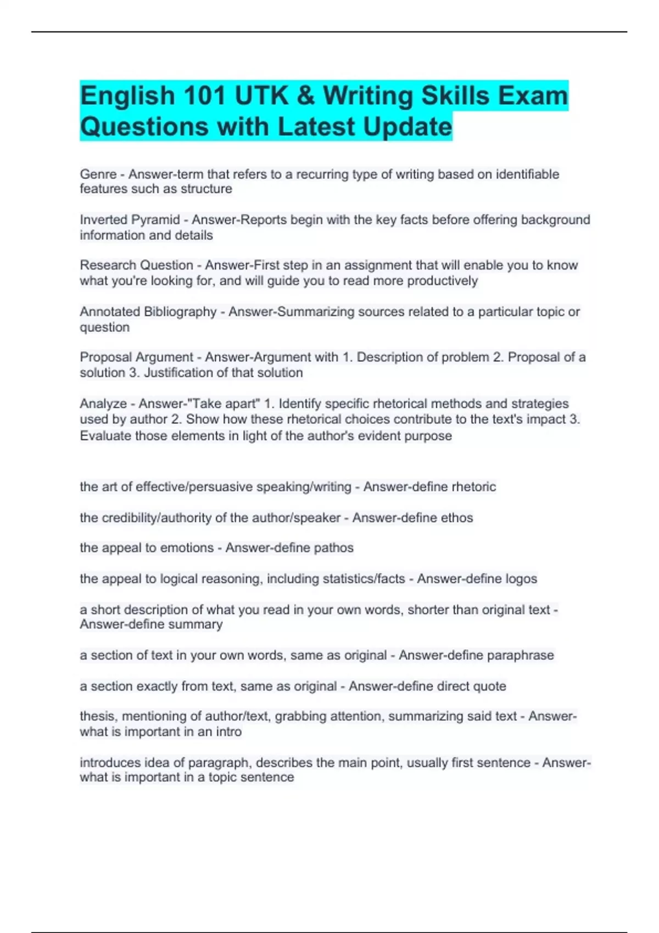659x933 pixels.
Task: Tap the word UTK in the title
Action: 262,96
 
